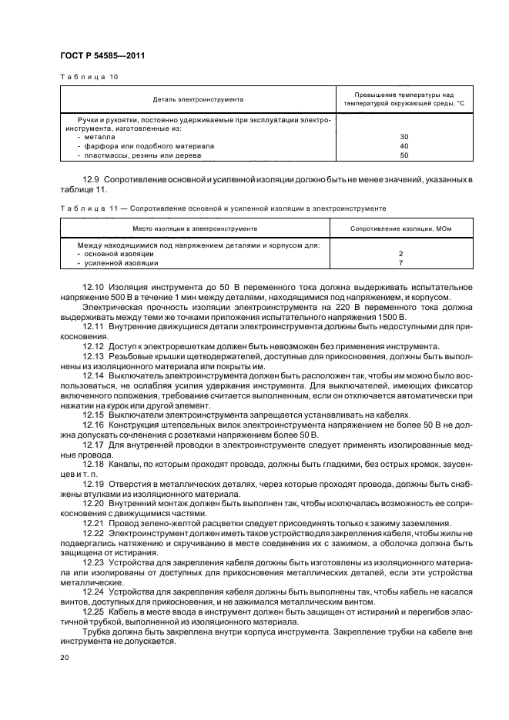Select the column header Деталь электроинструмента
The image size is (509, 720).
point(198,99)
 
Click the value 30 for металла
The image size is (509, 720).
point(404,136)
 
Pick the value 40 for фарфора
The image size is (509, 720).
point(404,145)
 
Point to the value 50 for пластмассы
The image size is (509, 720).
point(404,155)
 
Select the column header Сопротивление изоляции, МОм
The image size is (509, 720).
point(400,229)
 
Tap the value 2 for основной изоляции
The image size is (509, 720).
point(401,253)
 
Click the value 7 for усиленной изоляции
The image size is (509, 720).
point(401,263)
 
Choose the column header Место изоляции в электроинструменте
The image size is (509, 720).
point(194,229)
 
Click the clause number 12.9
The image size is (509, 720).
point(92,178)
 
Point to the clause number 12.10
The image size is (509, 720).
point(94,287)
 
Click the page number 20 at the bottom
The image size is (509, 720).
point(64,658)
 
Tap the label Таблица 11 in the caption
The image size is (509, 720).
point(82,208)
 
